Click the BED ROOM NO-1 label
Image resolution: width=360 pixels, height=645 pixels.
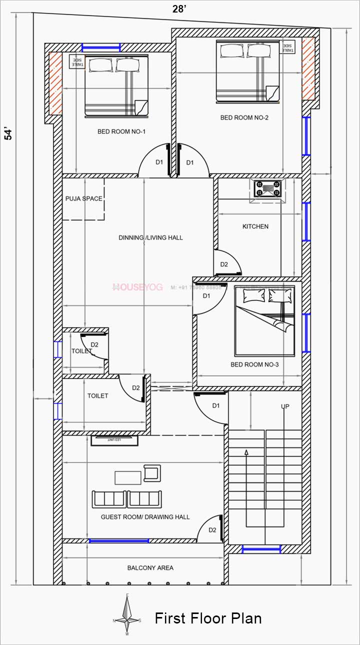121,132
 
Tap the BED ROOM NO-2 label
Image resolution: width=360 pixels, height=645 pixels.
244,118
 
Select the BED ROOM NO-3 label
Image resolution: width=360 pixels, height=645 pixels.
254,364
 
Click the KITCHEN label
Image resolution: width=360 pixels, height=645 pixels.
255,226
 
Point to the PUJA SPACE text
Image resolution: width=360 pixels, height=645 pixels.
83,198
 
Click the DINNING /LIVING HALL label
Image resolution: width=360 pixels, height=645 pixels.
150,237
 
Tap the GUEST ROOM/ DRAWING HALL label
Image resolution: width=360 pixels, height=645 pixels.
145,516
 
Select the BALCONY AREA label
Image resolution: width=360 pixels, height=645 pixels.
150,567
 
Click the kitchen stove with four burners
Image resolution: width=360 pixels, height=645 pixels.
268,189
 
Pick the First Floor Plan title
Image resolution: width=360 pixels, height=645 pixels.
208,618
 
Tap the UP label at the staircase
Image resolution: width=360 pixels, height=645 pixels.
285,406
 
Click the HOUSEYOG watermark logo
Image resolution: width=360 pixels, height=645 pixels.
137,287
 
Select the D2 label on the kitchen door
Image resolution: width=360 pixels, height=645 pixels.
224,264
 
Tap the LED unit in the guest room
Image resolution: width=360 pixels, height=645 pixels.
114,439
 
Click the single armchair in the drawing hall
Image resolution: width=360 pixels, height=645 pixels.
152,472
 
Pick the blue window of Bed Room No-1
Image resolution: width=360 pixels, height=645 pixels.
101,47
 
